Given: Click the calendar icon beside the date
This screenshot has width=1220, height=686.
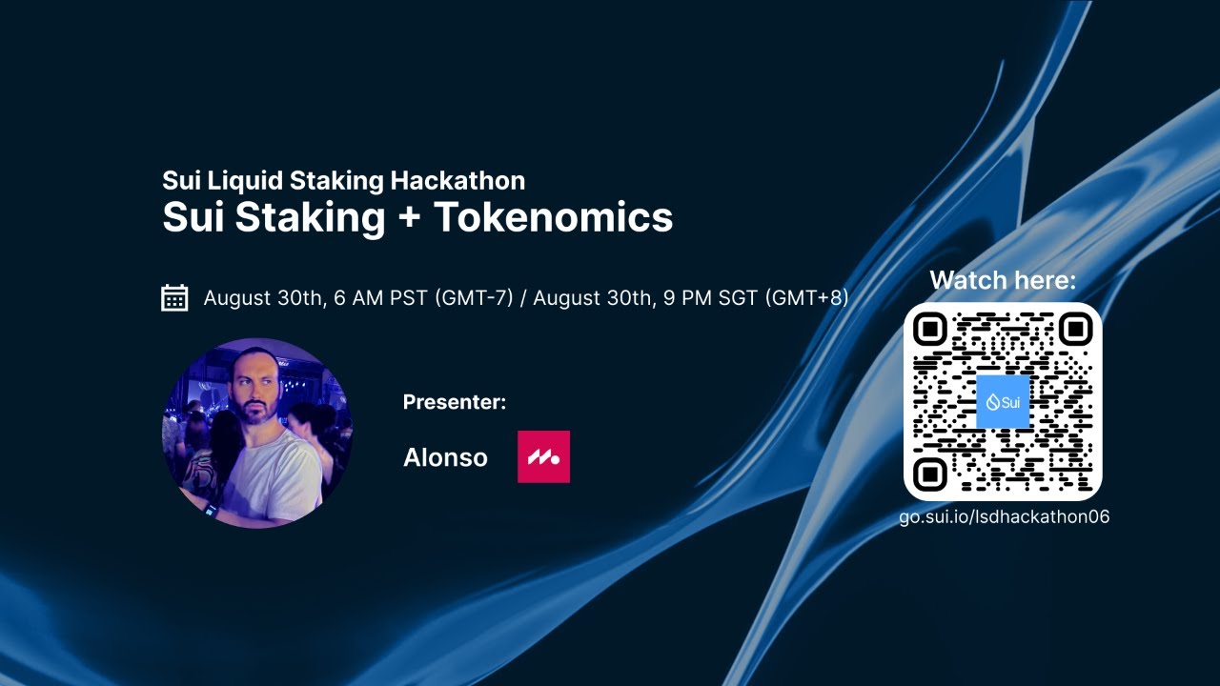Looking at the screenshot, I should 174,298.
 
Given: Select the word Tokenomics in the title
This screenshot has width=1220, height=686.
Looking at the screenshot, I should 554,217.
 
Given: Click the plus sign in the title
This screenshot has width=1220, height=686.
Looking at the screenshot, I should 409,218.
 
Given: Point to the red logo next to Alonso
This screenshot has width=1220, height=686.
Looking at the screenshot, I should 543,456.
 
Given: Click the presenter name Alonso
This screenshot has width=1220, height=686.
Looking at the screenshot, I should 445,457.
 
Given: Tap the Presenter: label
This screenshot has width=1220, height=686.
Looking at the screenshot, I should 454,402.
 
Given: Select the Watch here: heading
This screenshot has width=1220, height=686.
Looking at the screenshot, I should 1003,280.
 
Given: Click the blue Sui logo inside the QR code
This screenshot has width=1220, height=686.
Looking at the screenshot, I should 1003,401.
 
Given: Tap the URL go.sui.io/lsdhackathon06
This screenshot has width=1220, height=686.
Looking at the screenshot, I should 1004,517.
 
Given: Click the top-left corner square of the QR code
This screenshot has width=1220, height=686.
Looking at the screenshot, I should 931,330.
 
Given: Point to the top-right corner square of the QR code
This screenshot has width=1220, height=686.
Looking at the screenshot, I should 1074,330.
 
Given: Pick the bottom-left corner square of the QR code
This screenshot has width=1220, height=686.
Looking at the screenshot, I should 931,473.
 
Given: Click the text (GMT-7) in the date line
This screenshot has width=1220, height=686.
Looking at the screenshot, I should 474,298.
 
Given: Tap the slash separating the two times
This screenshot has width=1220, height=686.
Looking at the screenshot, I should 523,298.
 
